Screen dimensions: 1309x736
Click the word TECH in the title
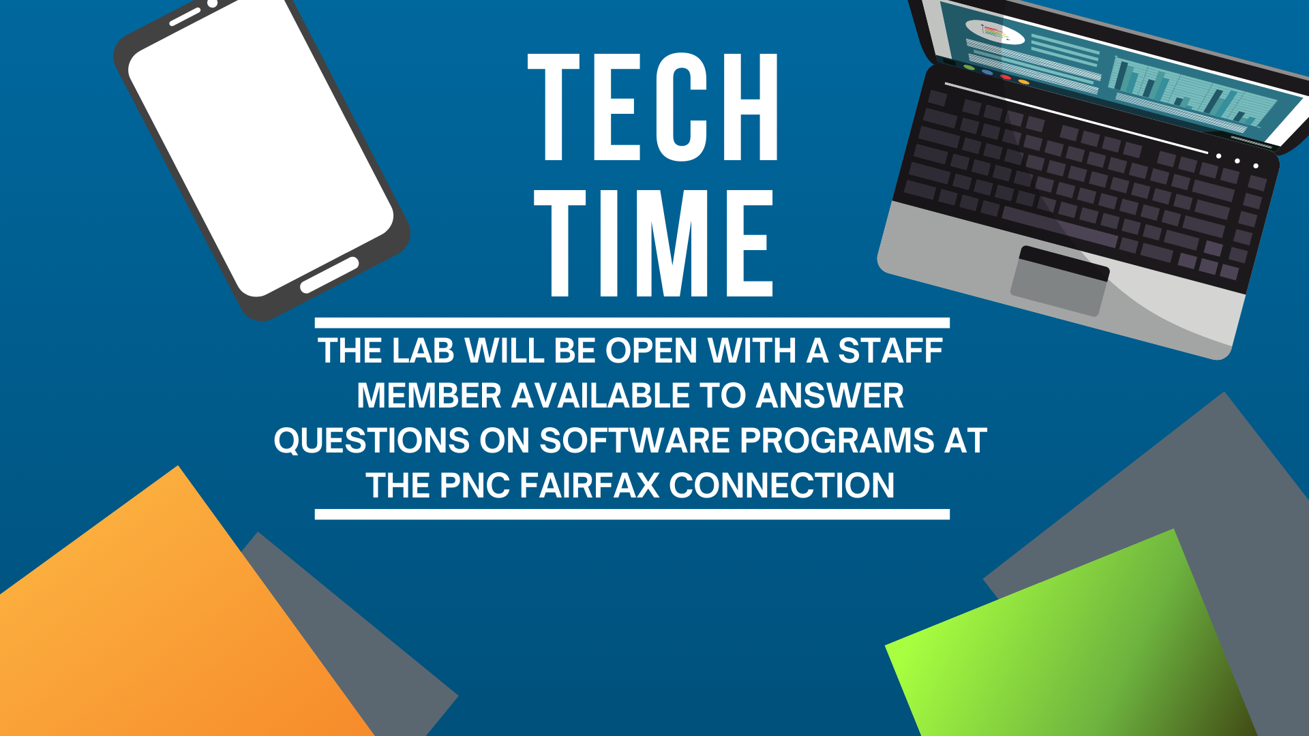pos(653,107)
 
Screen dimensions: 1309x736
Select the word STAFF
pos(890,351)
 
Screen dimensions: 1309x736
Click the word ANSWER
pos(830,396)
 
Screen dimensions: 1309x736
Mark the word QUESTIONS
pos(372,441)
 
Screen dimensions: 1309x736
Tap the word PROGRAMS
pos(837,441)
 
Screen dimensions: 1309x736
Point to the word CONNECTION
pos(782,486)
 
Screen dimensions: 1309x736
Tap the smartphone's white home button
pos(329,275)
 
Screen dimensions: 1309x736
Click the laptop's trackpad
pos(1059,281)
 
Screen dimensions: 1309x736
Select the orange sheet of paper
pos(170,613)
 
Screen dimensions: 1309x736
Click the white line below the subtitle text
pos(632,515)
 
